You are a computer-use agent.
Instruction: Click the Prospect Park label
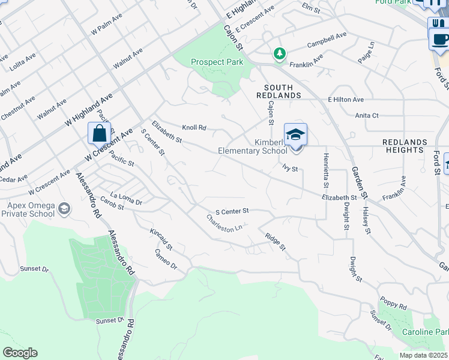pos(217,62)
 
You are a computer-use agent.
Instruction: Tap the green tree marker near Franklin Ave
pos(279,54)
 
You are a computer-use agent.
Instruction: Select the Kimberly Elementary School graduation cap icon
pos(295,134)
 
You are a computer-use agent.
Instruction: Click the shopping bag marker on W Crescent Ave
pos(99,133)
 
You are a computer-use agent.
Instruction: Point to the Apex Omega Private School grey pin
pos(64,209)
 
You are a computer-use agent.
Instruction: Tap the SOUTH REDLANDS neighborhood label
pos(279,91)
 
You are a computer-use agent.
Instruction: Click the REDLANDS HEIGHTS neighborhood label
pos(405,146)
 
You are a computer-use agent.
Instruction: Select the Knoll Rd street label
pos(194,128)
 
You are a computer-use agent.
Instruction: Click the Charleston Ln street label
pos(224,224)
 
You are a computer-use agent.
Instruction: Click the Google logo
pos(20,353)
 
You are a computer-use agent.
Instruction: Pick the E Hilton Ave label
pos(346,99)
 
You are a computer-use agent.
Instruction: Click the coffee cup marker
pos(440,39)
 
